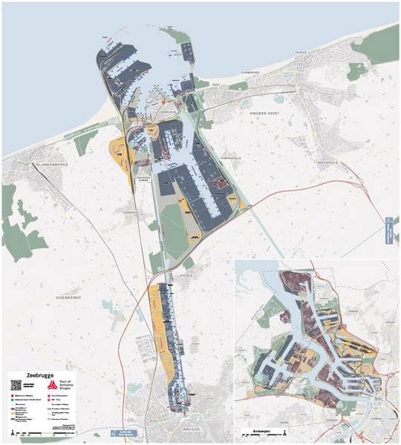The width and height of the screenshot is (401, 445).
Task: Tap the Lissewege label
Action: tap(131, 211)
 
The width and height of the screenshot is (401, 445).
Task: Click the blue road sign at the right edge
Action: tap(388, 231)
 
